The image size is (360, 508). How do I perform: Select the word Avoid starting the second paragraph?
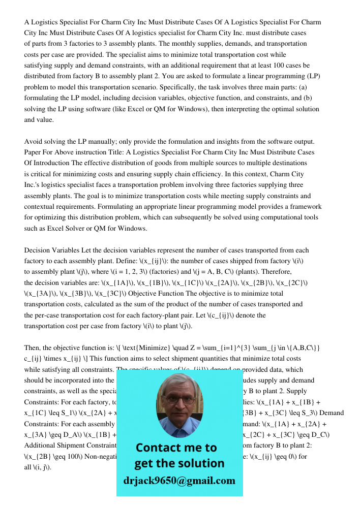point(34,141)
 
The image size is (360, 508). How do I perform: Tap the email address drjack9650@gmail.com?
point(179,481)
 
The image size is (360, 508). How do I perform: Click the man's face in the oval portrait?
point(178,402)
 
